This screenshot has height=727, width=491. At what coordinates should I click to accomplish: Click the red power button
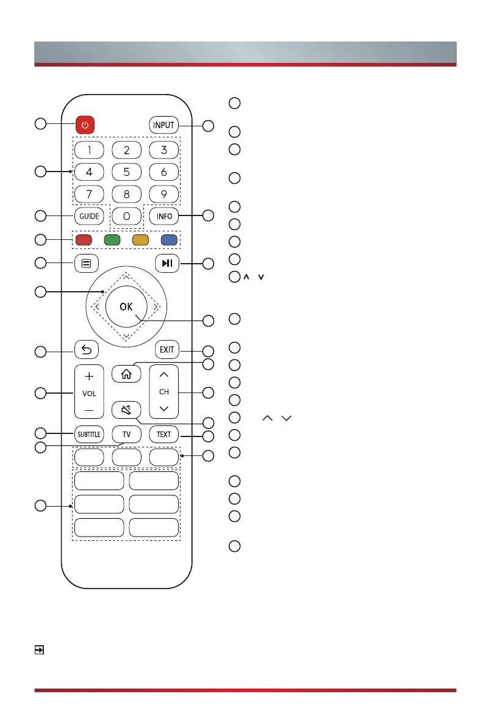[85, 125]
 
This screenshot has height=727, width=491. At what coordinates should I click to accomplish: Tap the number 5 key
[126, 173]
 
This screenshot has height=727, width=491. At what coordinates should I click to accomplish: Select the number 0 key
[126, 216]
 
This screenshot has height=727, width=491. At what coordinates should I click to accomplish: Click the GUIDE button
[88, 216]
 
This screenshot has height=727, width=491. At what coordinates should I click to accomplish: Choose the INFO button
[164, 216]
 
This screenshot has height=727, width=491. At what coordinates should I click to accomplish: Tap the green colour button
[112, 239]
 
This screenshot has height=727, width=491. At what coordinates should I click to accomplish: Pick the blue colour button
[168, 239]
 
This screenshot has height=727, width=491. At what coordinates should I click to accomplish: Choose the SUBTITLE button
[88, 435]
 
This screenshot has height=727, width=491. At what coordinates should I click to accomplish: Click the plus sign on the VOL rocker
[89, 377]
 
